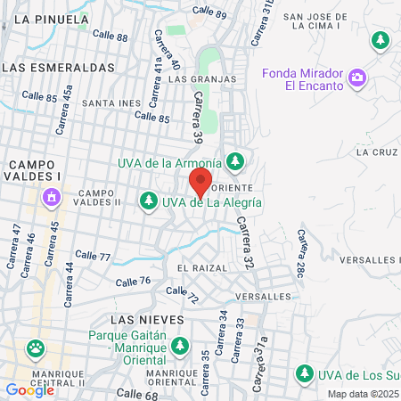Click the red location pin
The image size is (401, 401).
[x=200, y=184]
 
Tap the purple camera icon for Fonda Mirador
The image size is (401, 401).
[x=357, y=78]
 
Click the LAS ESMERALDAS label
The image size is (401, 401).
[x=59, y=67]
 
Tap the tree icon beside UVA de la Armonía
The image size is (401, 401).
[x=235, y=162]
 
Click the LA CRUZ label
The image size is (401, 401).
[x=375, y=151]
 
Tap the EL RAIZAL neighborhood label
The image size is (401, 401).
[x=202, y=267]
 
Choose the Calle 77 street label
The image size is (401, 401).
[x=92, y=256]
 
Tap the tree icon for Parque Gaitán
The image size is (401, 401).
[x=181, y=344]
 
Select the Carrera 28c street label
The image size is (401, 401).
[x=303, y=251]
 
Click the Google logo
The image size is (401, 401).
[x=29, y=389]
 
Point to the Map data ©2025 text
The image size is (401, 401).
[x=362, y=394]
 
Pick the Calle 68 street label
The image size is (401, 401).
[x=136, y=393]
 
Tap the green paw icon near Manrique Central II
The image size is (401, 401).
[x=36, y=348]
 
